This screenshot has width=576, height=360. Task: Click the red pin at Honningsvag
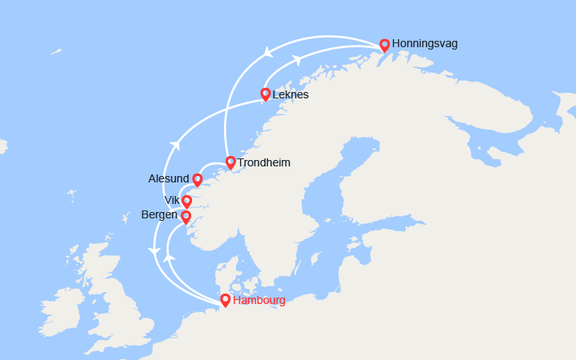385,45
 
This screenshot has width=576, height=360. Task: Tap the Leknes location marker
266,94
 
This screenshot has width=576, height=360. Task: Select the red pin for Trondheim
230,162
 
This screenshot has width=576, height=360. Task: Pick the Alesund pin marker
198,179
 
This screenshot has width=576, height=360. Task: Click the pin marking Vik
187,201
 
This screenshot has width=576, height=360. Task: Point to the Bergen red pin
186,216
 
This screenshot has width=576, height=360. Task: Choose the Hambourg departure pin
226,300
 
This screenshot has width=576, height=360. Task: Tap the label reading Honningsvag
425,44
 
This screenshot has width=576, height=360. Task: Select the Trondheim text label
264,162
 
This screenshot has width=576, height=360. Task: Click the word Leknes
290,94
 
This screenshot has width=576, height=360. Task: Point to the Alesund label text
169,178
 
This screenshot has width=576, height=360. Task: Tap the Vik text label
172,200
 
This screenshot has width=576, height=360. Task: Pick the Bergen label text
160,215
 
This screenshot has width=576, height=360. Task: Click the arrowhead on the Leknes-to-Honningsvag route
297,60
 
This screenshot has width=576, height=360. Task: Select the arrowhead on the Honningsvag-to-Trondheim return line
266,53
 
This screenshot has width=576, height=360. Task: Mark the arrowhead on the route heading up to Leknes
174,144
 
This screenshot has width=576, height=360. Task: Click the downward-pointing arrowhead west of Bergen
154,252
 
